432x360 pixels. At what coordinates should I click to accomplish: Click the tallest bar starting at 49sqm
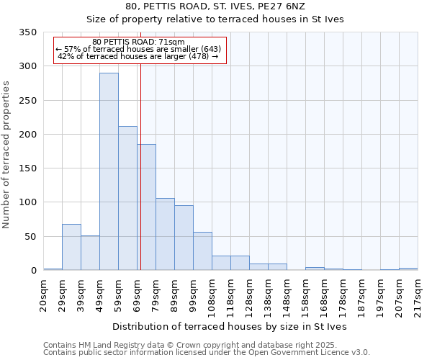pyautogui.click(x=109, y=171)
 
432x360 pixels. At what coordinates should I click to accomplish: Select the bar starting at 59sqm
pyautogui.click(x=127, y=198)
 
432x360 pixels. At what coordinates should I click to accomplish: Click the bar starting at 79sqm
pyautogui.click(x=165, y=234)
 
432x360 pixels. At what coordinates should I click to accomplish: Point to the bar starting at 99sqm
pyautogui.click(x=202, y=251)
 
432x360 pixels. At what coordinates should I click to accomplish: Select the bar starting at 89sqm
pyautogui.click(x=184, y=238)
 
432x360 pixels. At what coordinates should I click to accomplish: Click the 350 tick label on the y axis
pyautogui.click(x=27, y=33)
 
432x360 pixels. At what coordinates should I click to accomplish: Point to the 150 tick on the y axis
pyautogui.click(x=27, y=168)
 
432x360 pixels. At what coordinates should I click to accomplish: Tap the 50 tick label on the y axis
pyautogui.click(x=30, y=237)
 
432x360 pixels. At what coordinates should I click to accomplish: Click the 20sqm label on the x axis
pyautogui.click(x=44, y=294)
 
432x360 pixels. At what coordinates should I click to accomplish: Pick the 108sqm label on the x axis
pyautogui.click(x=212, y=294)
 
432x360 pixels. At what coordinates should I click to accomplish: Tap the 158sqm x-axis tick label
pyautogui.click(x=306, y=294)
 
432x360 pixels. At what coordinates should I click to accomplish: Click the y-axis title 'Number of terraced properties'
pyautogui.click(x=7, y=155)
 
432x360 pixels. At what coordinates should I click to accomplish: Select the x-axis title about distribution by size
pyautogui.click(x=230, y=326)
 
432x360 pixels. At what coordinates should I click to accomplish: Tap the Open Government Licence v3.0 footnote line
pyautogui.click(x=207, y=353)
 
